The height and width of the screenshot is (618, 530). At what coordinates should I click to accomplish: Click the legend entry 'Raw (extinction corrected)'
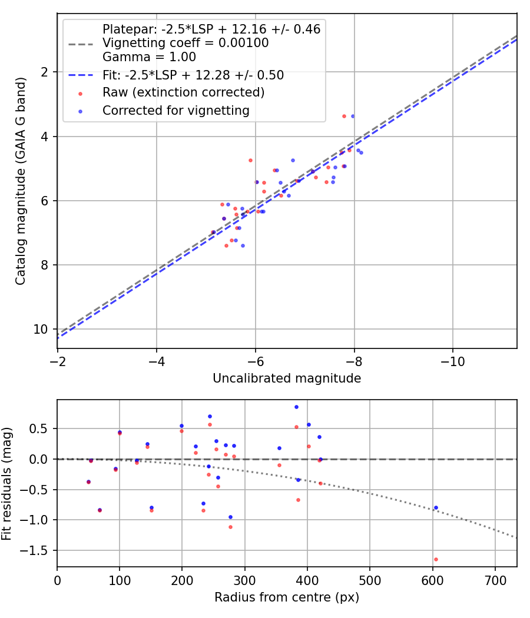183,92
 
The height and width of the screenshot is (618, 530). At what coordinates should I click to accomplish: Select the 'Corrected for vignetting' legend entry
175,110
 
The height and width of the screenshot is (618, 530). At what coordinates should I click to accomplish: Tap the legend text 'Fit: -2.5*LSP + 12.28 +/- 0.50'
193,75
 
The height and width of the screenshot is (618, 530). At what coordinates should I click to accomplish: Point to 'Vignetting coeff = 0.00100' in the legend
185,43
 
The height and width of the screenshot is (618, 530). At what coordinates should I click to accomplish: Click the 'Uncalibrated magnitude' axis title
287,378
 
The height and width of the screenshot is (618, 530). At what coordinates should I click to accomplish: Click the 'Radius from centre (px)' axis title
287,597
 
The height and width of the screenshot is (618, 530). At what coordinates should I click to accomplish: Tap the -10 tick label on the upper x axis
452,361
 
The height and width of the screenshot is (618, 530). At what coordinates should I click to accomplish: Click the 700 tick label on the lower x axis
495,580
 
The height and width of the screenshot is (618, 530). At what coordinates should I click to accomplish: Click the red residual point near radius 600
436,559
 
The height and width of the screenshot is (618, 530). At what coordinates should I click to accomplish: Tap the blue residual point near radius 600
436,507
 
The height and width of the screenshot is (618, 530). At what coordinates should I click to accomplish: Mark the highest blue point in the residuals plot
296,407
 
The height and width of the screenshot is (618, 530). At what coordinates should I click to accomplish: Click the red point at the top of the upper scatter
344,116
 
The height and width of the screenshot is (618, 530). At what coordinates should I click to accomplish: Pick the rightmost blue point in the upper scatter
361,152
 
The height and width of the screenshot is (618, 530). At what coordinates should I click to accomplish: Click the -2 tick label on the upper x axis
57,361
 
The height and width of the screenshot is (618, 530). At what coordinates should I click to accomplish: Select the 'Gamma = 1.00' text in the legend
149,58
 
